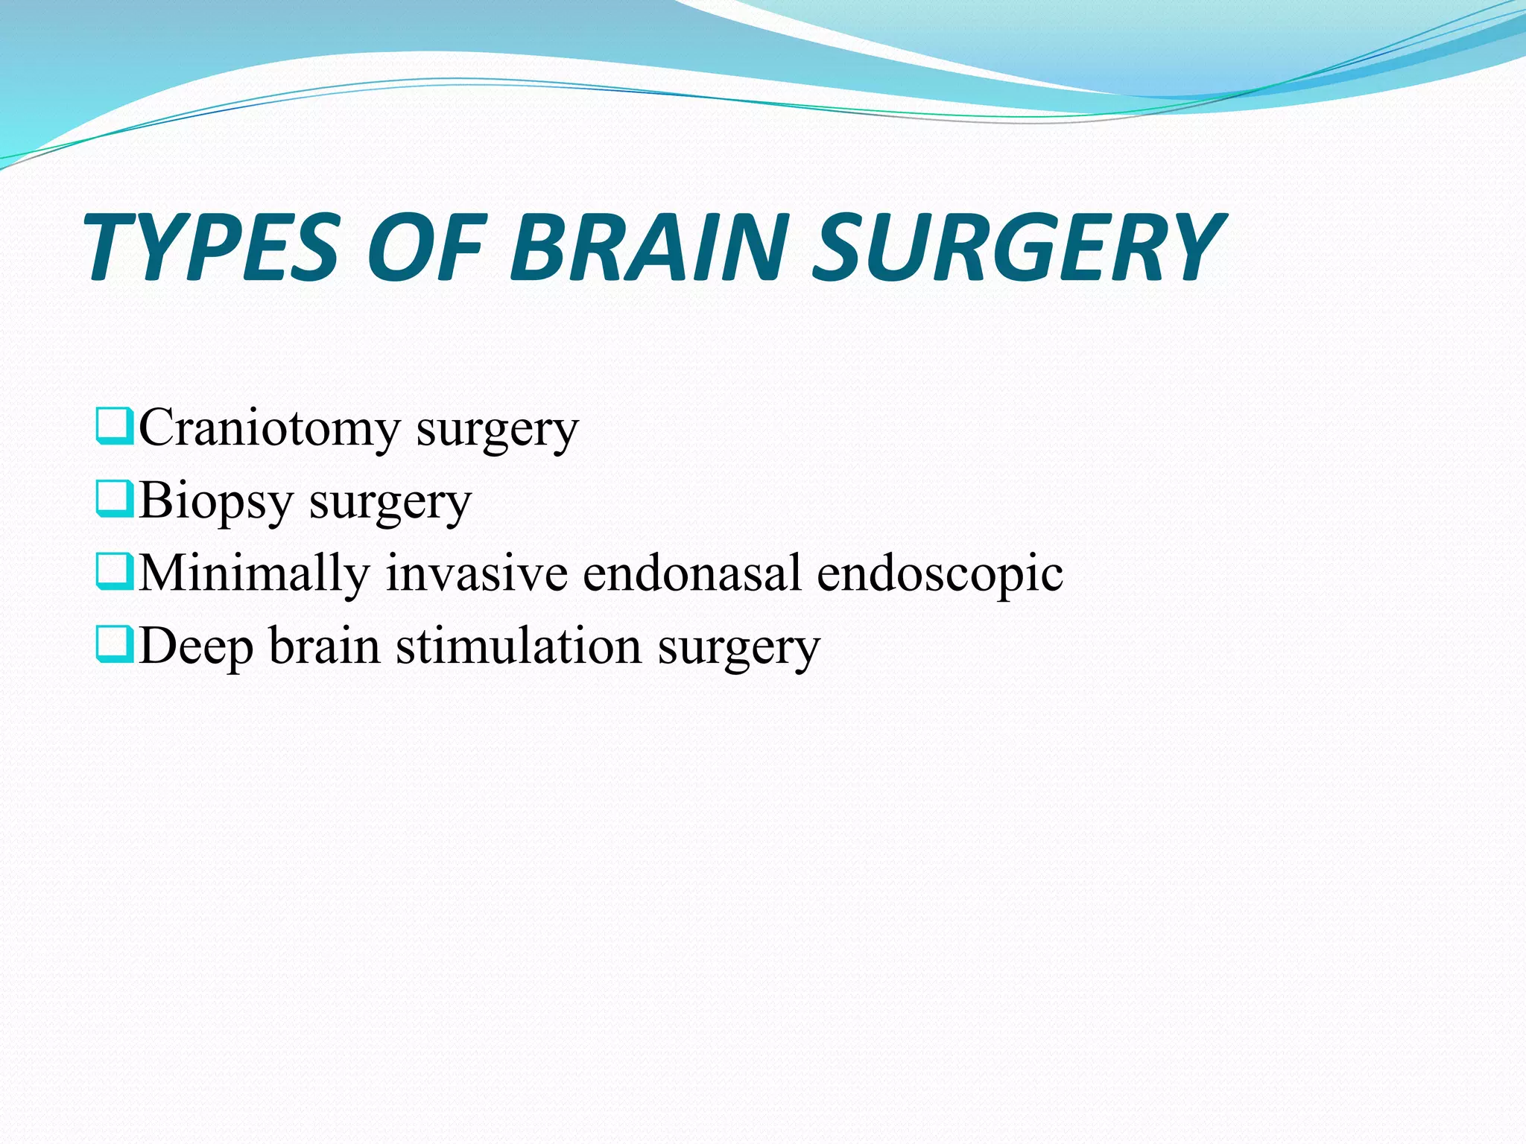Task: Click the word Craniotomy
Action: click(x=270, y=430)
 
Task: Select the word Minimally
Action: click(x=254, y=573)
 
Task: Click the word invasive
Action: click(x=476, y=573)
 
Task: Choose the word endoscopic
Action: click(x=940, y=573)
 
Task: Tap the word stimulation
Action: click(x=519, y=646)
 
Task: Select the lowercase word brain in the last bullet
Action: click(x=325, y=646)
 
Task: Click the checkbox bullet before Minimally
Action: click(x=115, y=571)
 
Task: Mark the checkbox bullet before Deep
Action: click(x=115, y=643)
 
